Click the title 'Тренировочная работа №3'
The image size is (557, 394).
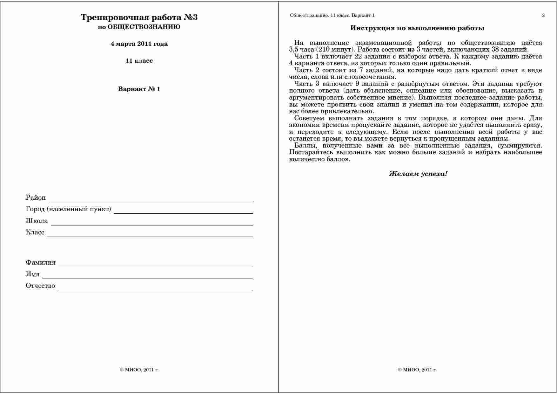(139, 17)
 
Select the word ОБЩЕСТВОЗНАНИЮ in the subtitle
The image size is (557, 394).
(144, 27)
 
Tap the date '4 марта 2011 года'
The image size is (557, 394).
(139, 44)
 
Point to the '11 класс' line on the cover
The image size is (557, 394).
(139, 61)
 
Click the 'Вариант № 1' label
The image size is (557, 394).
(139, 89)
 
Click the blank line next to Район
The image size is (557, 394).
(151, 200)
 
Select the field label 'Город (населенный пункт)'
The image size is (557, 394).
(68, 209)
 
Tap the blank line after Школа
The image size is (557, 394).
(152, 223)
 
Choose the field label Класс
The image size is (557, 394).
(35, 232)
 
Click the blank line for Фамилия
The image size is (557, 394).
(156, 265)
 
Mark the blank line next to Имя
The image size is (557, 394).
(148, 277)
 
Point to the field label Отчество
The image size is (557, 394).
(40, 286)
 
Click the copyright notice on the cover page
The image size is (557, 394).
(139, 370)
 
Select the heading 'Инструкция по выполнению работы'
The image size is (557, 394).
(417, 28)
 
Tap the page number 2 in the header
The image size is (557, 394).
(543, 15)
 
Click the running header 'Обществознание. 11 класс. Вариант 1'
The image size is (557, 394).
(332, 15)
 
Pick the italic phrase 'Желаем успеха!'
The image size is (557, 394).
(418, 174)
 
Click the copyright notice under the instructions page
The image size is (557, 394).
(417, 370)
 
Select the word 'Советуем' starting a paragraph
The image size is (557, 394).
(309, 118)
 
